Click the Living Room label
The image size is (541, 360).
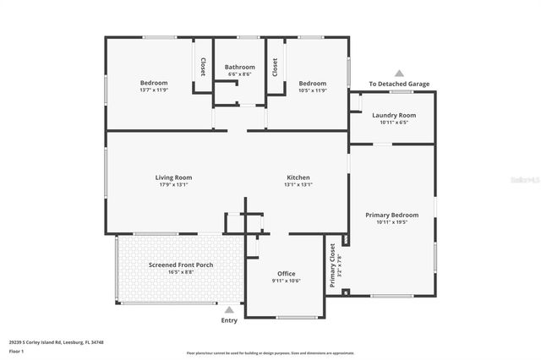tap(173, 177)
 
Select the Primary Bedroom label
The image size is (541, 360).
tap(391, 215)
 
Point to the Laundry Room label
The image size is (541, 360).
tap(395, 115)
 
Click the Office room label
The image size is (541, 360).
tap(287, 274)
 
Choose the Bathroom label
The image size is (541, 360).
tap(239, 67)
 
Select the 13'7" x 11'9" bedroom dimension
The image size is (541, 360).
tap(154, 90)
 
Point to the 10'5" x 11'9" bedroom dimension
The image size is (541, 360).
tap(312, 90)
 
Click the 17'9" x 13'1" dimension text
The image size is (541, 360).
tap(173, 185)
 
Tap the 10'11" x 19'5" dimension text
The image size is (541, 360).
tap(391, 223)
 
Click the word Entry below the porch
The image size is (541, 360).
tap(229, 320)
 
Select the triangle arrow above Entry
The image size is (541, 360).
tap(229, 310)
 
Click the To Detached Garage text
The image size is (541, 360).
tap(399, 84)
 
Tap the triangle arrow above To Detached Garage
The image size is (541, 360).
tap(399, 74)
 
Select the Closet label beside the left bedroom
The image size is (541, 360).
tap(203, 67)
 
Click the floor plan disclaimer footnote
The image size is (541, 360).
tap(270, 352)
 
